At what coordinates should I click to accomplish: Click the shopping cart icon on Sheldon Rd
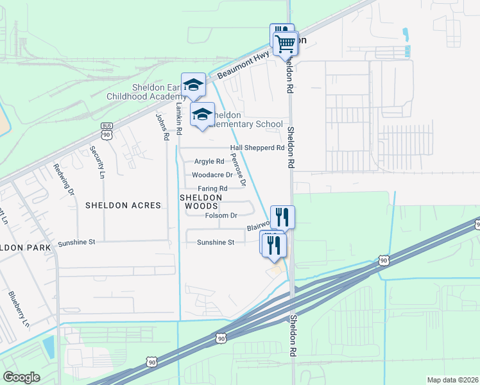click(x=286, y=44)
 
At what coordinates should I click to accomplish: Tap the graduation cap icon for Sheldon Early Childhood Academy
click(x=193, y=85)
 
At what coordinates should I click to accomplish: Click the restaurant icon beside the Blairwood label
click(x=282, y=217)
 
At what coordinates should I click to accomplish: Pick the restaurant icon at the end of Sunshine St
click(x=273, y=244)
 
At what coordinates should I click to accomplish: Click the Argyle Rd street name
click(x=210, y=162)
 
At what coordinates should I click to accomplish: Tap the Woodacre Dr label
click(x=212, y=175)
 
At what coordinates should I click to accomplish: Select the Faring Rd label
click(x=212, y=188)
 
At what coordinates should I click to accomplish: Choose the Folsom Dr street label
click(x=221, y=216)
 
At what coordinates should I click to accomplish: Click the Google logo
click(x=21, y=377)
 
